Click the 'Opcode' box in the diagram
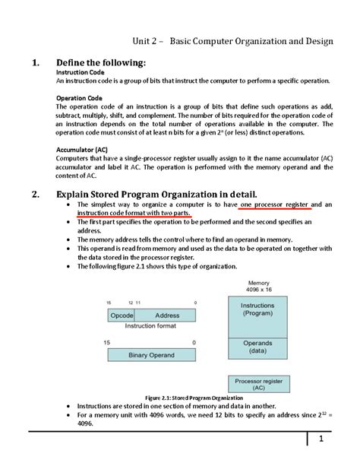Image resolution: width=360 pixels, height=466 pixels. point(122,315)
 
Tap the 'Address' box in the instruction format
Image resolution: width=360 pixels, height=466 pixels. point(167,315)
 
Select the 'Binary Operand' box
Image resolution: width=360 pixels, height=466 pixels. point(153,354)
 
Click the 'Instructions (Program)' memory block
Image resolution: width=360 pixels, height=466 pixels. point(257,309)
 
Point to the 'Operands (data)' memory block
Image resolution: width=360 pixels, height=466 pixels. point(257,347)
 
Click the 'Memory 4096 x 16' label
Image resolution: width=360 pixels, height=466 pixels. point(258,286)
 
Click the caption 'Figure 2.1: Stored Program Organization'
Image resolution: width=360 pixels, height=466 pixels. point(194,398)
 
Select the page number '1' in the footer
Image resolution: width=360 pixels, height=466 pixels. point(321,439)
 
